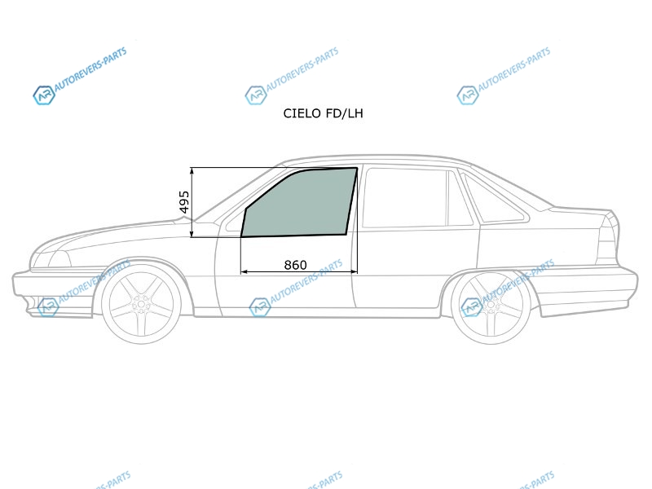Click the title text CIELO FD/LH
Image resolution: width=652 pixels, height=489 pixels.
pyautogui.click(x=323, y=113)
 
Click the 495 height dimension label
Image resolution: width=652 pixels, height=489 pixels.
pyautogui.click(x=184, y=202)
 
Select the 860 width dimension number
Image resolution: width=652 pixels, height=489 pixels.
pyautogui.click(x=295, y=265)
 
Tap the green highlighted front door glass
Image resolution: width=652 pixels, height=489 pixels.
pyautogui.click(x=299, y=202)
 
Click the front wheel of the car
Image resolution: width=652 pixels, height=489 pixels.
pyautogui.click(x=141, y=305)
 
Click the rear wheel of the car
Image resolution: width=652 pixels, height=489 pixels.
pyautogui.click(x=491, y=305)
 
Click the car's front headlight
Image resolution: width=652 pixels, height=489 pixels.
pyautogui.click(x=52, y=258)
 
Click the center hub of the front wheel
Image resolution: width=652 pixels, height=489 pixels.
pyautogui.click(x=141, y=305)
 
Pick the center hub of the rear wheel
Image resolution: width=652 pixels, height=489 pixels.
pyautogui.click(x=491, y=305)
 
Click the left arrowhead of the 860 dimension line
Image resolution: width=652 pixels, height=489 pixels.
pyautogui.click(x=244, y=272)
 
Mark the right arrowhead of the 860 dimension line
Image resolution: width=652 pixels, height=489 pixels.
pyautogui.click(x=355, y=272)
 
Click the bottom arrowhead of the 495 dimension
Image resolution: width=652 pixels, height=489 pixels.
pyautogui.click(x=192, y=234)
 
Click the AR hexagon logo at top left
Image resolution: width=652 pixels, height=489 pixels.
pyautogui.click(x=44, y=95)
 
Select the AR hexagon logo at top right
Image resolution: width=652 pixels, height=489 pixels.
pyautogui.click(x=467, y=95)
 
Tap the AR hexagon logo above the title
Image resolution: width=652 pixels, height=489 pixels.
pyautogui.click(x=255, y=95)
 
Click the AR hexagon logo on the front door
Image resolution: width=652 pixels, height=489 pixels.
pyautogui.click(x=259, y=307)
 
